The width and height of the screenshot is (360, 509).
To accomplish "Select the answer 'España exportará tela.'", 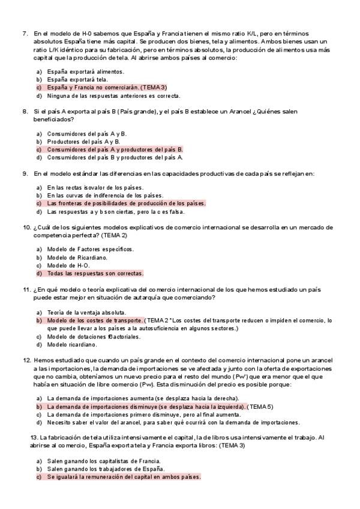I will coord(77,79).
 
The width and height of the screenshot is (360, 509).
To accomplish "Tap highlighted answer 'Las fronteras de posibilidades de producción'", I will coord(126,203).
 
